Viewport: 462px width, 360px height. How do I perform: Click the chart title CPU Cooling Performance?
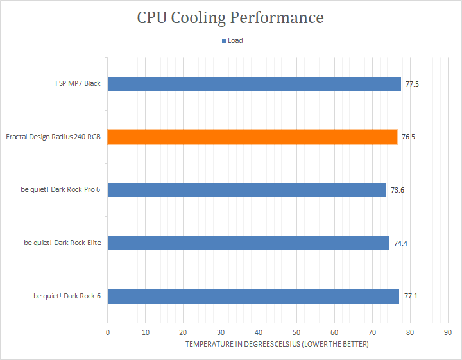pyautogui.click(x=230, y=18)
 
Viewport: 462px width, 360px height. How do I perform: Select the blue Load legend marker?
pyautogui.click(x=224, y=40)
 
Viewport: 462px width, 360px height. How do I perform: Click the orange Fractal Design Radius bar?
pyautogui.click(x=252, y=137)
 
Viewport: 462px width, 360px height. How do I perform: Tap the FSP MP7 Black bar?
pyautogui.click(x=254, y=84)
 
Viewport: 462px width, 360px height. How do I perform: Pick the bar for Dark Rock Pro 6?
pyautogui.click(x=246, y=190)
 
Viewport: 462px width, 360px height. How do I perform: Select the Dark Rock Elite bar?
pyautogui.click(x=248, y=243)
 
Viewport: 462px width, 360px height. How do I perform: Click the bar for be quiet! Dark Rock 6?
pyautogui.click(x=253, y=296)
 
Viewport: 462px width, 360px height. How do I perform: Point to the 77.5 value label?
pyautogui.click(x=412, y=84)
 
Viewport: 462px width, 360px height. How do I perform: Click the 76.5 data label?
pyautogui.click(x=408, y=137)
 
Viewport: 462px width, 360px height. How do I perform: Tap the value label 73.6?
pyautogui.click(x=397, y=190)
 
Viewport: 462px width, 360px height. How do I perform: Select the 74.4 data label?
pyautogui.click(x=400, y=243)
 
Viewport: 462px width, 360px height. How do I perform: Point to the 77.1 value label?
pyautogui.click(x=411, y=296)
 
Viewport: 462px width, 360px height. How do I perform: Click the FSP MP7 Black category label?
pyautogui.click(x=78, y=83)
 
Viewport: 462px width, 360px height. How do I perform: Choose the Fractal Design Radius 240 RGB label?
pyautogui.click(x=53, y=137)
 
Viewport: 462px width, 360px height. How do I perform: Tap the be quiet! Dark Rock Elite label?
pyautogui.click(x=62, y=243)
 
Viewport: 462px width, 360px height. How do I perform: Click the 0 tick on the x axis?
pyautogui.click(x=108, y=332)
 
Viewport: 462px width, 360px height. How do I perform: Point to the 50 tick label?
pyautogui.click(x=296, y=332)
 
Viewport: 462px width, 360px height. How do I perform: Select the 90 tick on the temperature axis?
pyautogui.click(x=448, y=332)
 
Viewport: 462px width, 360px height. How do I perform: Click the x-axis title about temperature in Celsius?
pyautogui.click(x=277, y=344)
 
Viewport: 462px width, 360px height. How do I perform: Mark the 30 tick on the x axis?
pyautogui.click(x=221, y=332)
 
